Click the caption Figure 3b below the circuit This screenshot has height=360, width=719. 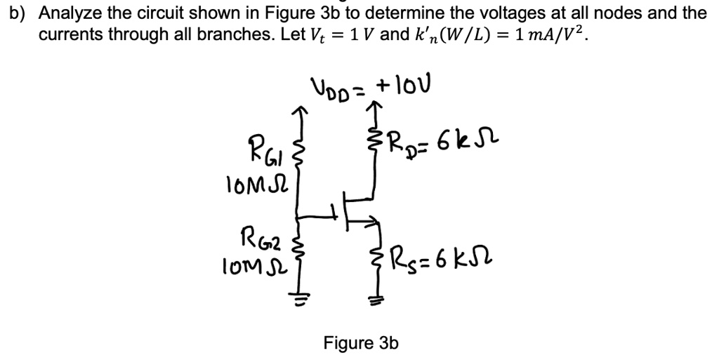pyautogui.click(x=361, y=343)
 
